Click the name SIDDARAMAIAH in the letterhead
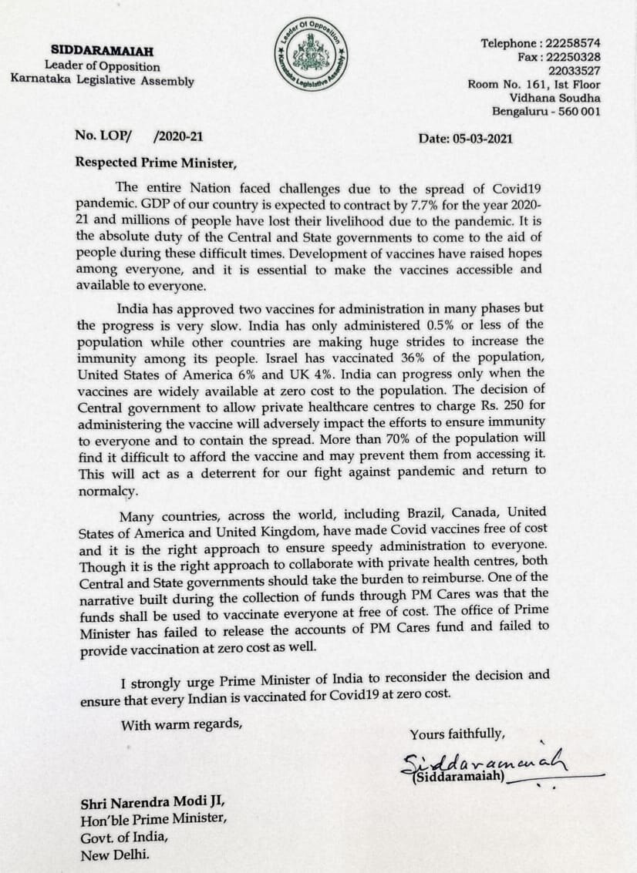point(103,51)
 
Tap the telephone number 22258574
point(573,43)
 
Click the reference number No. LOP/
point(103,136)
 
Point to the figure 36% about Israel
point(413,356)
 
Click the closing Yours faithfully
point(457,734)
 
